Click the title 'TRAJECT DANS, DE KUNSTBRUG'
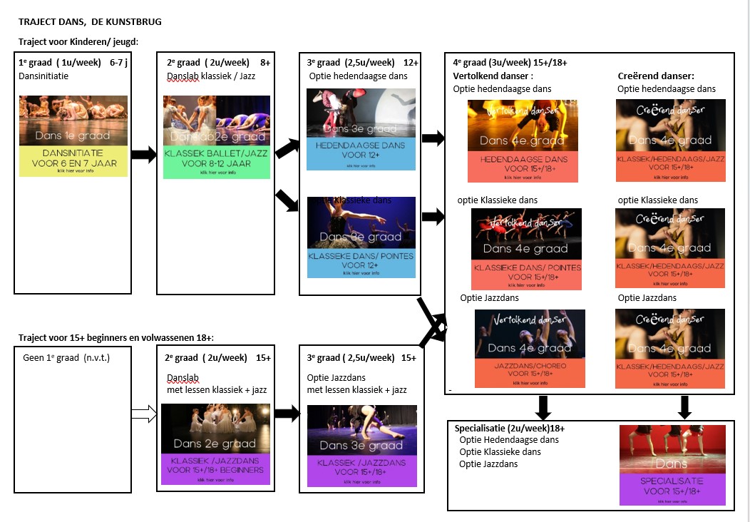[x=90, y=22]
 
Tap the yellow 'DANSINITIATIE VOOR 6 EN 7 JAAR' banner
[x=73, y=162]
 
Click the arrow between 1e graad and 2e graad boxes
[x=144, y=155]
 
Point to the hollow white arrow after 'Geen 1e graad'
[x=144, y=414]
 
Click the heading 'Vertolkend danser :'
[x=493, y=76]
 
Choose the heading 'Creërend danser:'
[x=655, y=76]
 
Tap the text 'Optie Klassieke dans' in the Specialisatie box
[x=500, y=452]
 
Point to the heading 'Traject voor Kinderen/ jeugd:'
[x=78, y=42]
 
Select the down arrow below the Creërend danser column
[x=685, y=407]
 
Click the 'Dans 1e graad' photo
[x=73, y=121]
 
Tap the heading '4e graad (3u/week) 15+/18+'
[x=510, y=63]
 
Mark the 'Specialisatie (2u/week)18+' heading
[x=510, y=428]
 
